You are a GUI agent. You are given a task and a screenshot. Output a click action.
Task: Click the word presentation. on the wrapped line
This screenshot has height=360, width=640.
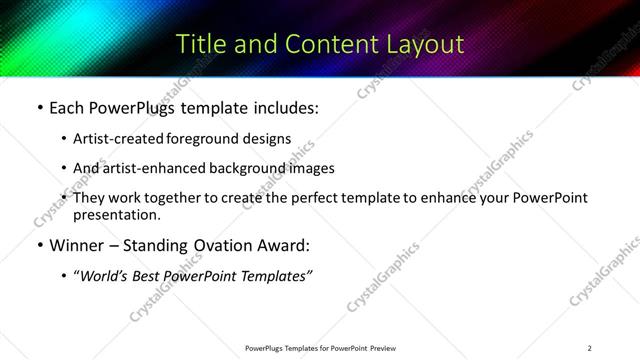click(116, 214)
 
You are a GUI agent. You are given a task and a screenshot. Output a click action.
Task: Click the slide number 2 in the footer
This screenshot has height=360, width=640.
click(589, 348)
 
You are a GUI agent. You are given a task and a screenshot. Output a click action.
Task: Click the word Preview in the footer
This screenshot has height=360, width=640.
click(383, 348)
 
